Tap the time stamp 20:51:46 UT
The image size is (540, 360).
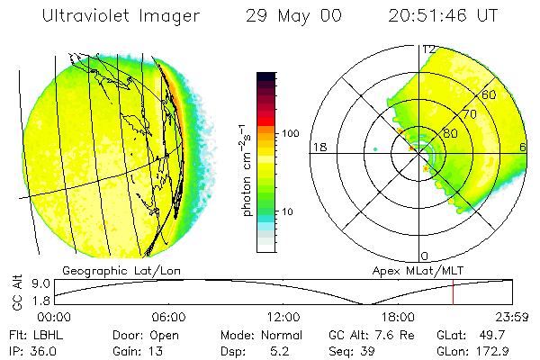[443, 17]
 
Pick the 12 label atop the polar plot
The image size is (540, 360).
[428, 49]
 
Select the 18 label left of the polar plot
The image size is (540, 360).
[318, 147]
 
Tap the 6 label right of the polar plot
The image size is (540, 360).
[523, 147]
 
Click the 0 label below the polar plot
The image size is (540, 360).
[425, 256]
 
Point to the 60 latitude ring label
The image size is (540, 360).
[489, 94]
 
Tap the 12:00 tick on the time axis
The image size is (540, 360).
[283, 316]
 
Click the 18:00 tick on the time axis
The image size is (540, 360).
[398, 316]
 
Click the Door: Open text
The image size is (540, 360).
[139, 334]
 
